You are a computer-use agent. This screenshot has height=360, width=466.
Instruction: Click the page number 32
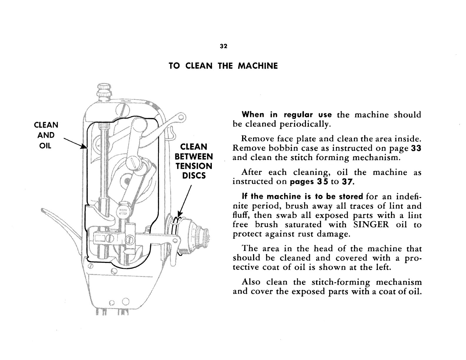223,46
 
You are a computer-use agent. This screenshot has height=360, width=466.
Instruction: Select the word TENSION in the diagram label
194,166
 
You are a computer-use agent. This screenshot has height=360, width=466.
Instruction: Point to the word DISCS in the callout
194,176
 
